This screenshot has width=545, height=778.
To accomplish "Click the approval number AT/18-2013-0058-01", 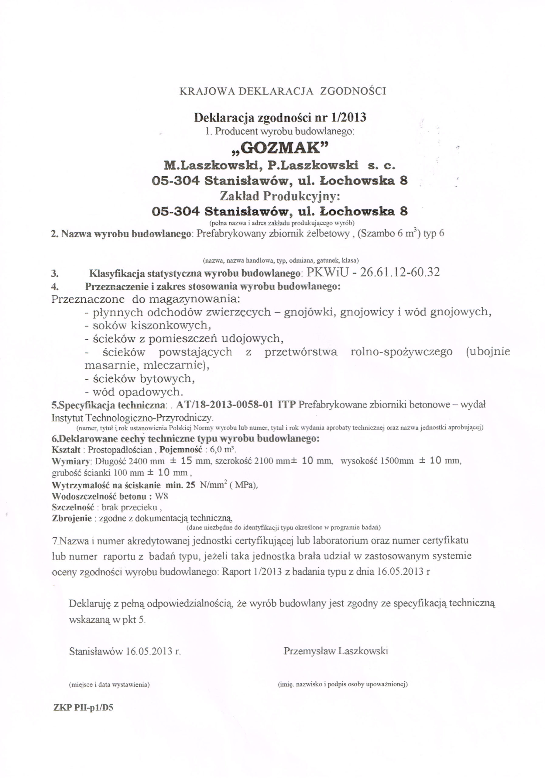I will click(x=225, y=404).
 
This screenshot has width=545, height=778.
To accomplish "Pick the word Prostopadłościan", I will click(x=120, y=450).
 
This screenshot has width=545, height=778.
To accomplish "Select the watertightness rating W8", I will click(x=161, y=496).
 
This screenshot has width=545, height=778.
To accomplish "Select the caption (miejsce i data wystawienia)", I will click(x=109, y=684).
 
